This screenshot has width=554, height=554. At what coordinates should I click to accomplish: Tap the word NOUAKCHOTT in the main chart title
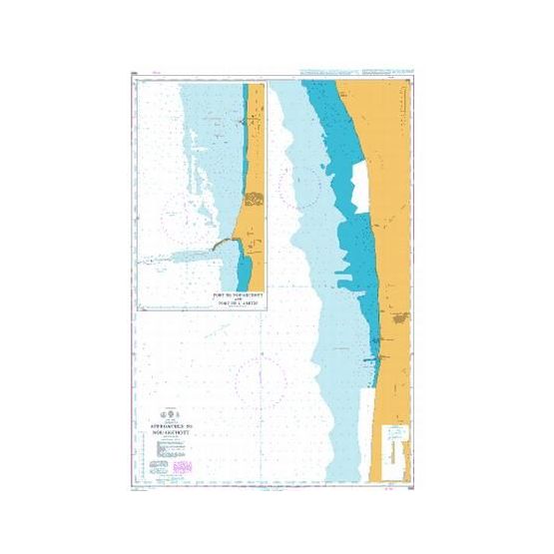pos(176,425)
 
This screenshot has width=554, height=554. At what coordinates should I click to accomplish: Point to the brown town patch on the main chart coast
pos(401,318)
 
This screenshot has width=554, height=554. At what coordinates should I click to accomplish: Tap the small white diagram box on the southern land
pos(396,438)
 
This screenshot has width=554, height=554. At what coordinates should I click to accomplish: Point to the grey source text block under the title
pos(160,449)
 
